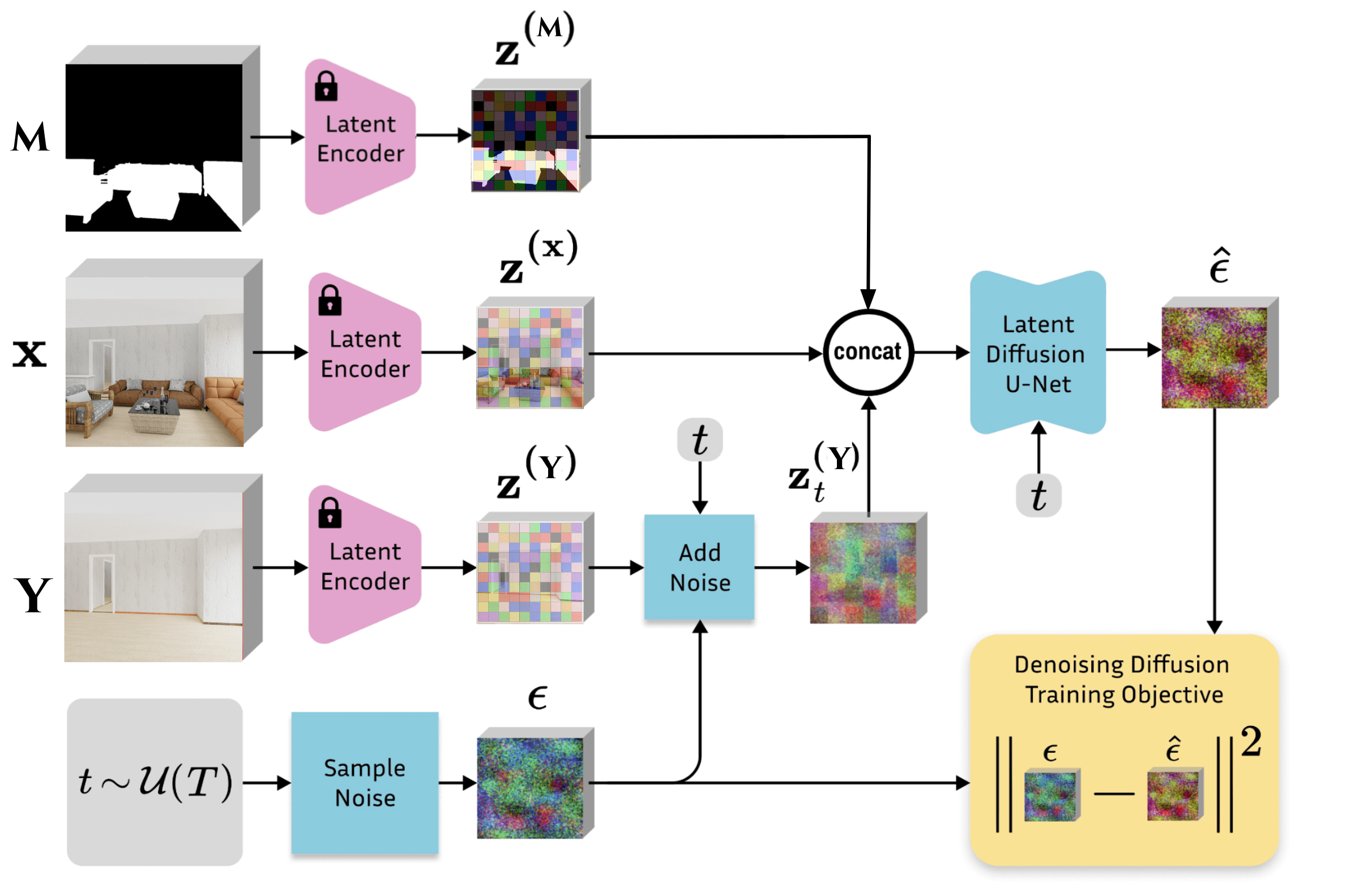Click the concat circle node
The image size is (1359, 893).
pos(868,352)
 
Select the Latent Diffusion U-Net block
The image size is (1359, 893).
pos(1037,353)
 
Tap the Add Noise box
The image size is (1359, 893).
pos(699,567)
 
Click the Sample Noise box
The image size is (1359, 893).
pos(365,782)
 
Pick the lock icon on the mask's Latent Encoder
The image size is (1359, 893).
pos(326,86)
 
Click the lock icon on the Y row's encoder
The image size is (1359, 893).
pos(330,512)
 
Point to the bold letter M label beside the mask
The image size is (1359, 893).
pos(30,138)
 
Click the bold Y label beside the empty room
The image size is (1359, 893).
pos(33,595)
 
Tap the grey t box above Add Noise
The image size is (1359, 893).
pos(699,440)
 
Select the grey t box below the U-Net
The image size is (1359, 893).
pos(1039,495)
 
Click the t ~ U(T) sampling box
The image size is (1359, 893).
pos(155,782)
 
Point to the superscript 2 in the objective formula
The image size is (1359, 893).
pos(1251,742)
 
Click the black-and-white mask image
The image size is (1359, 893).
pos(153,147)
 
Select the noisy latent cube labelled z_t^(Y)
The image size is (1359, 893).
pos(863,573)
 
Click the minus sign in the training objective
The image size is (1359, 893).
pos(1114,793)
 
